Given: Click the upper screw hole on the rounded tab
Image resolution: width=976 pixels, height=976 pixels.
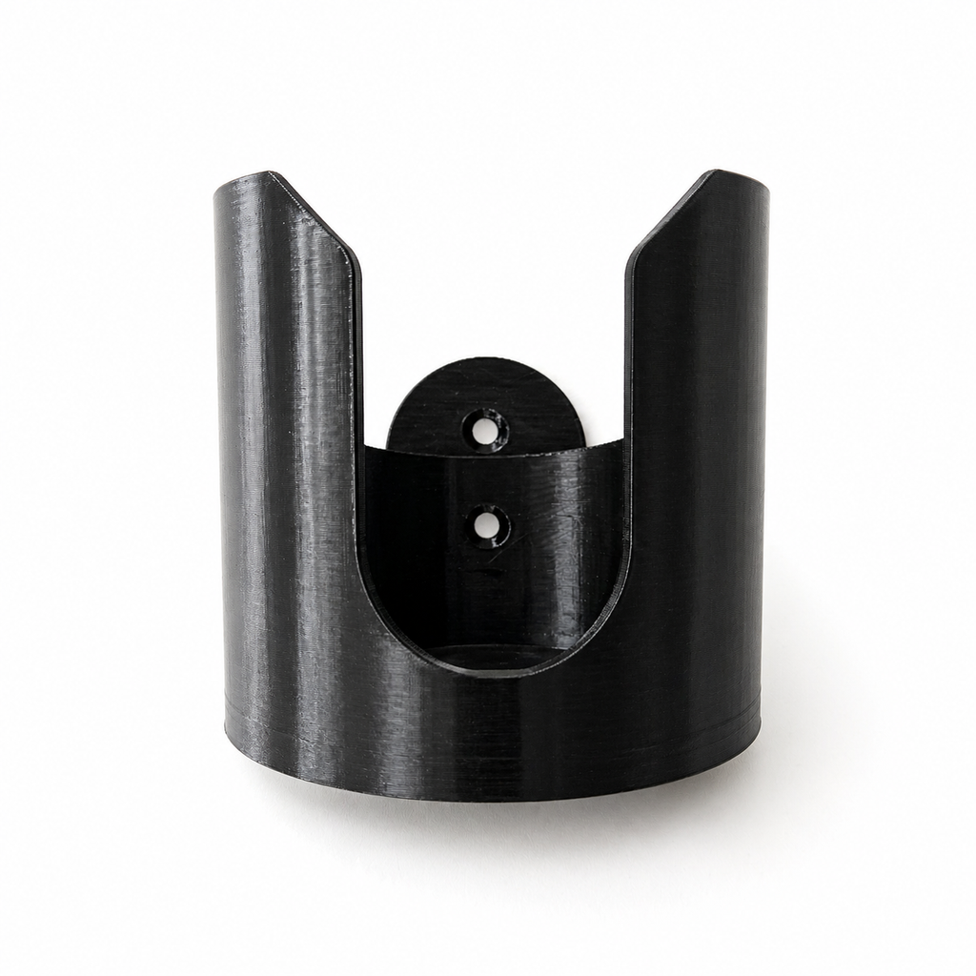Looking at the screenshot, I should tap(485, 431).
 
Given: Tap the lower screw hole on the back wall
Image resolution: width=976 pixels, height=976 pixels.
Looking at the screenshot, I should tap(490, 525).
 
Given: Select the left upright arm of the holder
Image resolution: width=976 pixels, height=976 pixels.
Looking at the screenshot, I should tap(286, 429).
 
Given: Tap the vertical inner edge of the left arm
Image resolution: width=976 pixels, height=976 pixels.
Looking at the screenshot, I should tap(361, 429).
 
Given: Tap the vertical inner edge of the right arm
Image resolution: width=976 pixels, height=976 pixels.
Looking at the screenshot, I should tap(627, 429).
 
